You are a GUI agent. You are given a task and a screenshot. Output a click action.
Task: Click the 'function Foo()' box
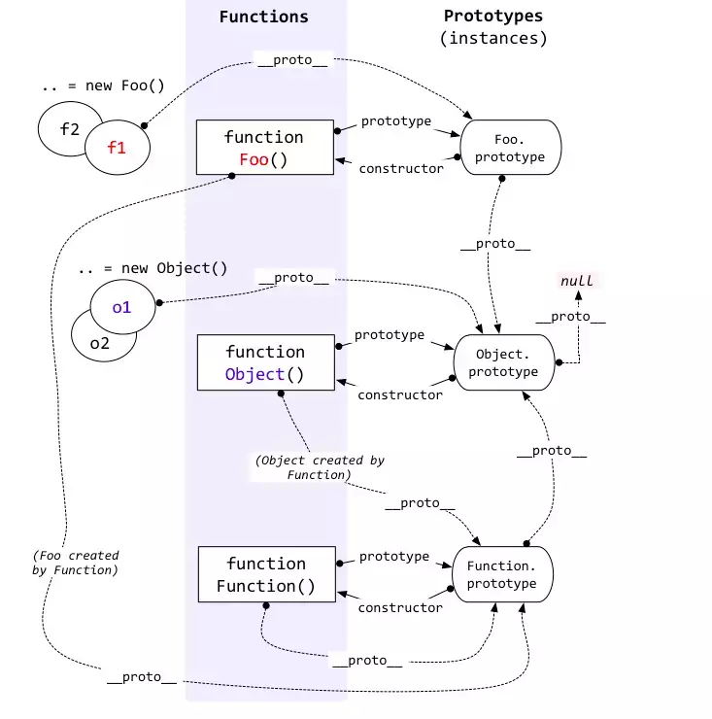[x=263, y=148]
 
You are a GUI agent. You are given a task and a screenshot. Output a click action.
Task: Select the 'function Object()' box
[x=265, y=362]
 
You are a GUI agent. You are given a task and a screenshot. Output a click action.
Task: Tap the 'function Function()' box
[x=265, y=574]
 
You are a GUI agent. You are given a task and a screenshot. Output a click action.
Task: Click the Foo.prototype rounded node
[x=511, y=147]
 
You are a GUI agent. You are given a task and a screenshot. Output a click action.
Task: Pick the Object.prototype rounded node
[x=503, y=361]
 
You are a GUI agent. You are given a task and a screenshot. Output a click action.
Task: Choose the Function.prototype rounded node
[x=501, y=573]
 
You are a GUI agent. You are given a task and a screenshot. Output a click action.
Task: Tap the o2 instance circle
[x=100, y=342]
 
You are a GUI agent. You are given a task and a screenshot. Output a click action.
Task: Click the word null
[x=577, y=281]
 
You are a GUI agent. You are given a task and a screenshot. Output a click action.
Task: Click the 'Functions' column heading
[x=263, y=17]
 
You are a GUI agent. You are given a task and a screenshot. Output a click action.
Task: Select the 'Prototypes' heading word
[x=492, y=16]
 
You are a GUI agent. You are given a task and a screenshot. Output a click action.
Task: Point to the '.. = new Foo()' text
[x=103, y=86]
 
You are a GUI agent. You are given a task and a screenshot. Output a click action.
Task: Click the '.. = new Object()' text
[x=153, y=267]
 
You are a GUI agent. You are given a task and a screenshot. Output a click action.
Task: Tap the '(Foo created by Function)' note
[x=75, y=563]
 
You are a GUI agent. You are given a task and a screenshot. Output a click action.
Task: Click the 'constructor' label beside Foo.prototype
[x=400, y=168]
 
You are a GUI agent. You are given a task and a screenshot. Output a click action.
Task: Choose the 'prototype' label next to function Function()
[x=393, y=557]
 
